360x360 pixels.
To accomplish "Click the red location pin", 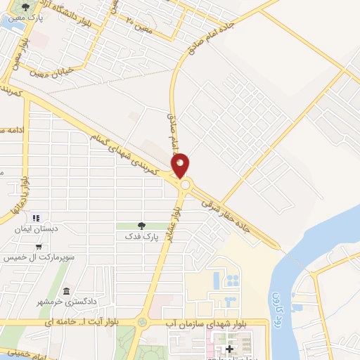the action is (x=181, y=164).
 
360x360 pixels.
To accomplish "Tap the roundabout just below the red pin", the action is (x=186, y=184).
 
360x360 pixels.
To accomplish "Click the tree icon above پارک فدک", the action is (x=142, y=226).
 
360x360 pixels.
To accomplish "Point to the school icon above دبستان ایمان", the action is (x=37, y=217).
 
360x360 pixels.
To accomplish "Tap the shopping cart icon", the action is (x=38, y=247).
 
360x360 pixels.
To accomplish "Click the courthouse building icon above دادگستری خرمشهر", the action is (x=66, y=291).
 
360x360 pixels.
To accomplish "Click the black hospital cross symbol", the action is (x=229, y=348).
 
